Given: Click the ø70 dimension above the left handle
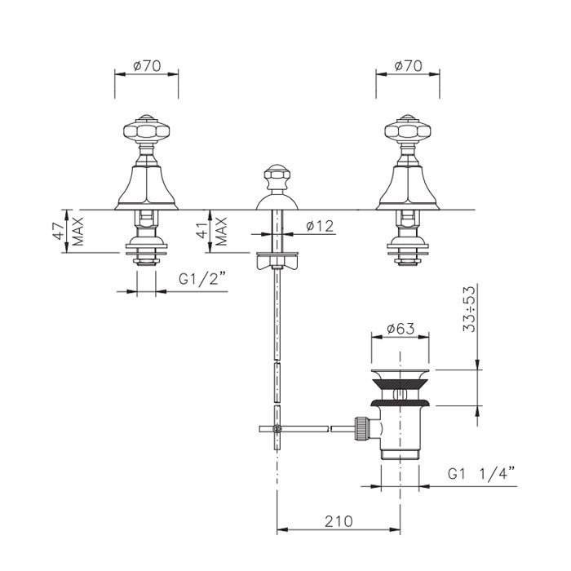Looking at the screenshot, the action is [x=147, y=66].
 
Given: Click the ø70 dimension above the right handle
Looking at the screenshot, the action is [x=408, y=66].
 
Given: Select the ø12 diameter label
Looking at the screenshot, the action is [x=320, y=226].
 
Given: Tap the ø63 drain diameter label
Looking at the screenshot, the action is [x=401, y=329].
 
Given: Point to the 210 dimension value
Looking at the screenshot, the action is [x=339, y=521].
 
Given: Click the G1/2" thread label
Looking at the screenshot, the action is [x=202, y=280].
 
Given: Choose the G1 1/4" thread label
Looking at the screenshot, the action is [x=481, y=474].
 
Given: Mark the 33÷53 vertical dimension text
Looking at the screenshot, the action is [x=469, y=309].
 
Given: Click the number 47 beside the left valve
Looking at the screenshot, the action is [x=60, y=231].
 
